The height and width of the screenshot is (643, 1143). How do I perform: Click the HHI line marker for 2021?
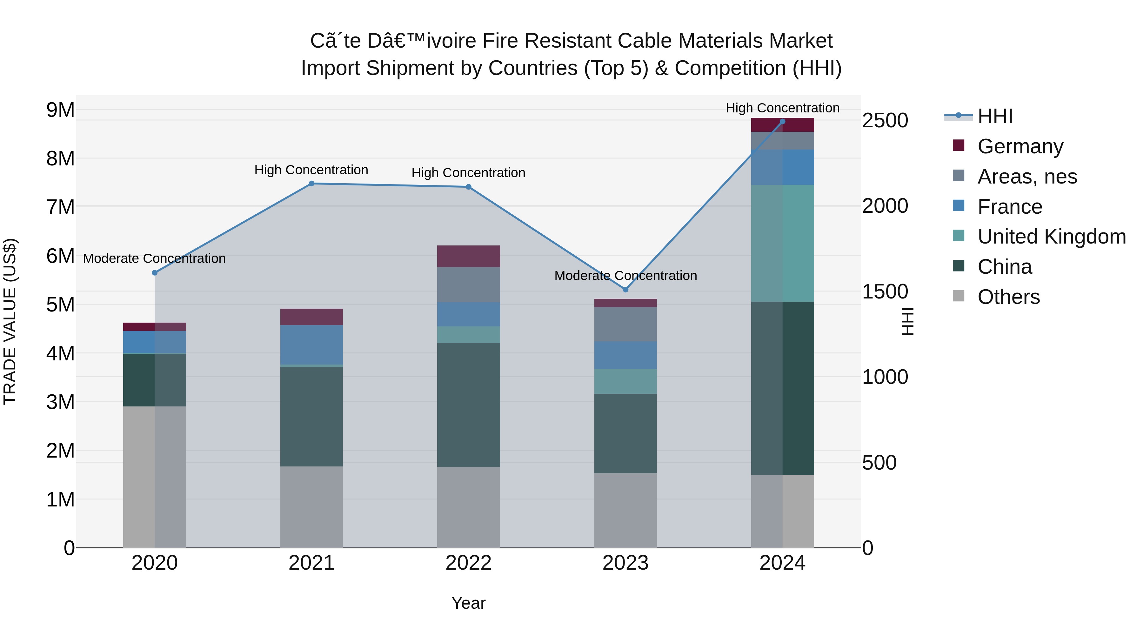click(x=311, y=184)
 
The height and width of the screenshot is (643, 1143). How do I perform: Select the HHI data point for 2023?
click(x=625, y=289)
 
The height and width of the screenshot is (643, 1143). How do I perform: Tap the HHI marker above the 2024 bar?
click(x=782, y=122)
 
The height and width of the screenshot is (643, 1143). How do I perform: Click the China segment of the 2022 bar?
click(x=469, y=405)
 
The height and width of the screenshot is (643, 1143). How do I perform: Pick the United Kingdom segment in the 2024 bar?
click(x=782, y=243)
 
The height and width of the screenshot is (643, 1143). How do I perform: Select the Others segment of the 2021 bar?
click(x=311, y=507)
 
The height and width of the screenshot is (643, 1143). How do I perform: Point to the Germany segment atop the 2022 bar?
click(x=469, y=256)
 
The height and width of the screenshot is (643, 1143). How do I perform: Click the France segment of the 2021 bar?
click(x=311, y=345)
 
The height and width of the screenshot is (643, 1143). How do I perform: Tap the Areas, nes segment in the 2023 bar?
click(x=625, y=325)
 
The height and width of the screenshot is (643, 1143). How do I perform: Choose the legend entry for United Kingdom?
click(x=1052, y=237)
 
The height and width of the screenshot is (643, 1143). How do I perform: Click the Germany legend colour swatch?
click(x=959, y=145)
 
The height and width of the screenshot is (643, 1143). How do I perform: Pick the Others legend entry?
click(x=1009, y=297)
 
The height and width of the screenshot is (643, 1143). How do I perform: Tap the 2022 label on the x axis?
click(x=469, y=563)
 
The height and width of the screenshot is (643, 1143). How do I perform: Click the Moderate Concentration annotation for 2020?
click(x=154, y=258)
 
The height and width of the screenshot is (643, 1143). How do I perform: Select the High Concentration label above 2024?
click(x=782, y=108)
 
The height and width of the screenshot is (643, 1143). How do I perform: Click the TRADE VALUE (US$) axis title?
click(x=10, y=321)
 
